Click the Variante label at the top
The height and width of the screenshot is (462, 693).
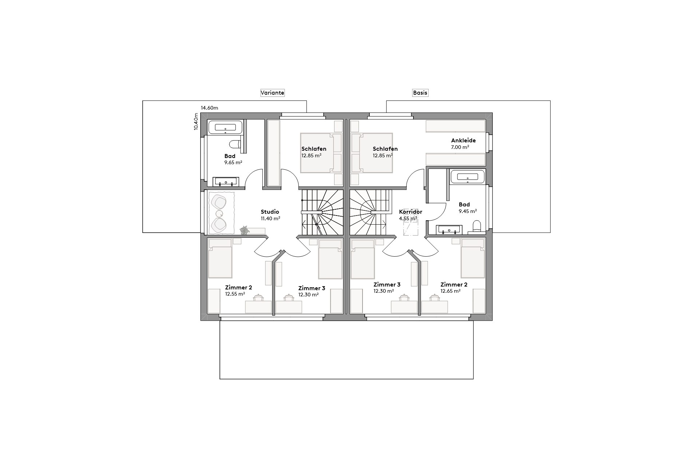pyautogui.click(x=272, y=93)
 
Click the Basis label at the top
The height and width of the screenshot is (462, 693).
pyautogui.click(x=420, y=93)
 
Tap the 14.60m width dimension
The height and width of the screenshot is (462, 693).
pyautogui.click(x=209, y=108)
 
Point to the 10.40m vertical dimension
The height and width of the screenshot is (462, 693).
pyautogui.click(x=196, y=122)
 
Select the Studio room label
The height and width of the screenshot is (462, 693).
pyautogui.click(x=270, y=212)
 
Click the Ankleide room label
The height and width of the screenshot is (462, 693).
pyautogui.click(x=463, y=141)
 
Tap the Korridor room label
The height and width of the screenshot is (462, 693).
pyautogui.click(x=410, y=212)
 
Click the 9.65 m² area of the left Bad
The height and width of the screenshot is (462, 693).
pyautogui.click(x=233, y=163)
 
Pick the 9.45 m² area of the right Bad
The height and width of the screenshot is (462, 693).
pyautogui.click(x=468, y=211)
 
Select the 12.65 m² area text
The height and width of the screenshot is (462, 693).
pyautogui.click(x=451, y=291)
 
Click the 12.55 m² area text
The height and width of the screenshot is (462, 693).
pyautogui.click(x=235, y=294)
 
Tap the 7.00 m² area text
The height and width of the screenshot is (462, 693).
pyautogui.click(x=460, y=147)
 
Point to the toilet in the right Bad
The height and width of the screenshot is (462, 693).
pyautogui.click(x=476, y=226)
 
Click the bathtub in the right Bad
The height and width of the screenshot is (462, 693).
pyautogui.click(x=467, y=177)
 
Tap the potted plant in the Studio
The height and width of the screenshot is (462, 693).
pyautogui.click(x=245, y=230)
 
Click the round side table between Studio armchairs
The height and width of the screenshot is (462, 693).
pyautogui.click(x=219, y=213)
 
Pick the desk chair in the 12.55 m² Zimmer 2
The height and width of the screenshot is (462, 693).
pyautogui.click(x=258, y=298)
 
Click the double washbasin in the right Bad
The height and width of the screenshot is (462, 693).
pyautogui.click(x=450, y=230)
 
